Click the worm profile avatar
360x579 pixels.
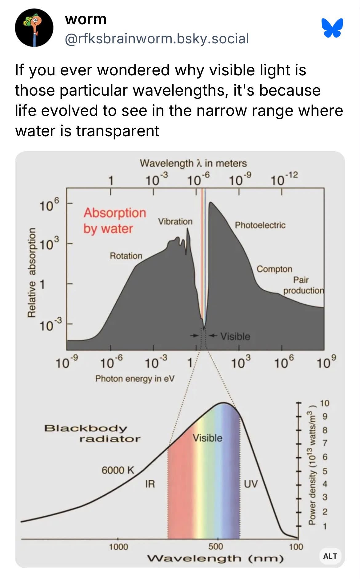34,28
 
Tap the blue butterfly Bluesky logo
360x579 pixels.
332,28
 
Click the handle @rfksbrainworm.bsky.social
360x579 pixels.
157,39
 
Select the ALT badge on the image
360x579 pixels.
330,556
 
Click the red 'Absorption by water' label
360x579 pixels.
114,220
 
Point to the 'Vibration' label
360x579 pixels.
175,221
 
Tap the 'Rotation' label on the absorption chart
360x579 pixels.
126,256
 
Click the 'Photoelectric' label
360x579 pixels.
260,225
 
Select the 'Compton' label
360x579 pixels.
274,269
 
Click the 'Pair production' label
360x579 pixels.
303,285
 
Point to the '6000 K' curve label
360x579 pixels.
118,470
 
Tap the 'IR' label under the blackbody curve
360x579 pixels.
150,484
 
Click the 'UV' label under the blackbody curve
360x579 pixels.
251,484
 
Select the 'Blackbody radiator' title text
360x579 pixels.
92,433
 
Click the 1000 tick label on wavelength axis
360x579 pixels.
118,547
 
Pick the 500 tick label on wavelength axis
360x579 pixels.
216,546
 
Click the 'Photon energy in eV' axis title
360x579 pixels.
135,378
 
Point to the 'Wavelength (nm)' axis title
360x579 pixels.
215,558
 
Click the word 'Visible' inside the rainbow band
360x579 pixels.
207,438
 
